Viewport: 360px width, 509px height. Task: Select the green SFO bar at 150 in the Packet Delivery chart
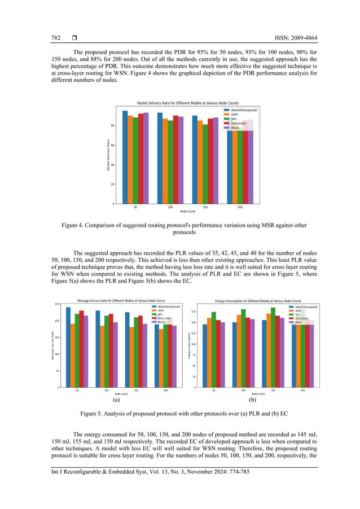pyautogui.click(x=205, y=164)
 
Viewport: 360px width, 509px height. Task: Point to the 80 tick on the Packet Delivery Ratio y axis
pyautogui.click(x=112, y=126)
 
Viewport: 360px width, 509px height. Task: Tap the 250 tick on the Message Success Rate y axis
pyautogui.click(x=56, y=304)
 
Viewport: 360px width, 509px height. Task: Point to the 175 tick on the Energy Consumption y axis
pyautogui.click(x=193, y=311)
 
